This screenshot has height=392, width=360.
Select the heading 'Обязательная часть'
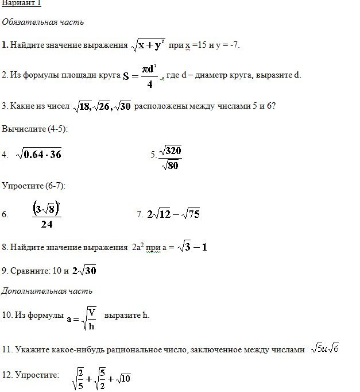[43, 22]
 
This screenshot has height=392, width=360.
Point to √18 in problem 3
[83, 106]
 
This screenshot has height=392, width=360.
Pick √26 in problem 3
[102, 106]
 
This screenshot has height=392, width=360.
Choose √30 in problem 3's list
[122, 106]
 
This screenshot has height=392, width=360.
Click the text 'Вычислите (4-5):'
[35, 129]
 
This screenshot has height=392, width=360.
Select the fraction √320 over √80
[170, 157]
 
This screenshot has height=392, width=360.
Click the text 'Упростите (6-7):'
[34, 186]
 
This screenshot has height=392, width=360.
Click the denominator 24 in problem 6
[47, 224]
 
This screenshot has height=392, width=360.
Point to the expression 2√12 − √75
[173, 214]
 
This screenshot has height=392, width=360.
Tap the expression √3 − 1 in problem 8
[191, 247]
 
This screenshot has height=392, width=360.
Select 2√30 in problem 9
[84, 270]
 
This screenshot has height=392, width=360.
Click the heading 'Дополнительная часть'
[47, 291]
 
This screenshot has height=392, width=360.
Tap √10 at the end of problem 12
[123, 378]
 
